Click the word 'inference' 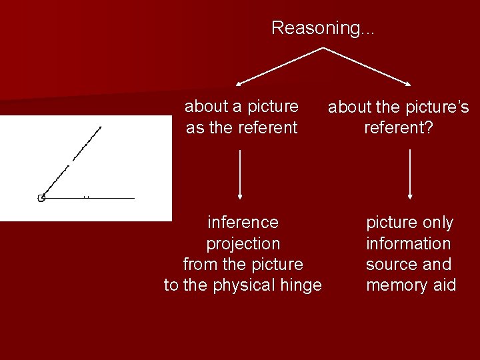tap(243, 222)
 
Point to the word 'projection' tap(243, 243)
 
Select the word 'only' tap(438, 223)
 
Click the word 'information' tap(408, 243)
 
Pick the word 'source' tap(391, 265)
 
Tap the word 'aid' tap(444, 285)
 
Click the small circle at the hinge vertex tap(41, 198)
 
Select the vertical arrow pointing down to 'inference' tap(240, 173)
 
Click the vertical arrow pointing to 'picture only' tap(410, 173)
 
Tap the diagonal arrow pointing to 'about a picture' tap(280, 67)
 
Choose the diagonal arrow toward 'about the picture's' tap(367, 67)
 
